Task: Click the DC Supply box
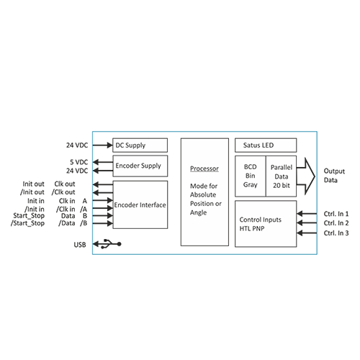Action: [140, 145]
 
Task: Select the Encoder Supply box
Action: [140, 166]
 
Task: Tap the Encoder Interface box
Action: [140, 204]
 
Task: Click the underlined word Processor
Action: [204, 168]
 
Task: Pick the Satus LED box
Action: [266, 145]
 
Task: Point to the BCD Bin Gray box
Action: [251, 176]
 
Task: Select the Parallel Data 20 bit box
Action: [281, 176]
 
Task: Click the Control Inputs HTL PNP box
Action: [266, 224]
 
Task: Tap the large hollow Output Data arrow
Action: [306, 176]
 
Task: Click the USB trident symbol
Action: [109, 244]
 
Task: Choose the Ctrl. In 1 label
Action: [336, 214]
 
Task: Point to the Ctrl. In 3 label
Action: [336, 233]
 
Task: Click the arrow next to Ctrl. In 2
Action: [307, 223]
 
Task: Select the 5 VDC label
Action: [79, 162]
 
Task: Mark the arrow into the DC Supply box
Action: [102, 145]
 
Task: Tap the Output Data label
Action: [334, 176]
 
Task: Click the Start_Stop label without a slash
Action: [29, 216]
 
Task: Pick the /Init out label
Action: [32, 192]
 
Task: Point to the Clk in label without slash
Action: [67, 201]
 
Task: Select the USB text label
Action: [80, 245]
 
